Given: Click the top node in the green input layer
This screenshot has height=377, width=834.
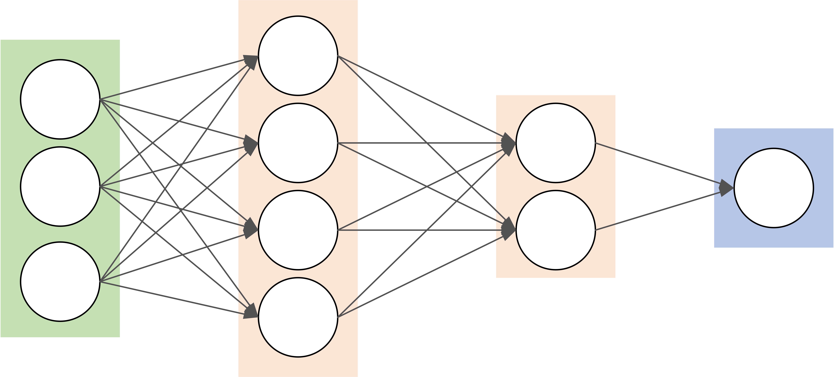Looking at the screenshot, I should (60, 99).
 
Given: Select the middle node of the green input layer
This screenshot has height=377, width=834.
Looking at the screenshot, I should (60, 186).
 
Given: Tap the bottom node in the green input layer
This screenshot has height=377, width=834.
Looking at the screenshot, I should (60, 282).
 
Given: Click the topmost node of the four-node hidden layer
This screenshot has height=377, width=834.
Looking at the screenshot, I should (298, 56).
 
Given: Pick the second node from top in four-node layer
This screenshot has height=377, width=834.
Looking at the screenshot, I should (298, 143).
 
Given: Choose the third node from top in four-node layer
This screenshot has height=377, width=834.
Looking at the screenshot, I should (298, 230).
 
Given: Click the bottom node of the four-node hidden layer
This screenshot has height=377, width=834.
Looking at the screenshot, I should (298, 317).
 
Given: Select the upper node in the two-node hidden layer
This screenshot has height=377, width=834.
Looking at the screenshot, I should (556, 143).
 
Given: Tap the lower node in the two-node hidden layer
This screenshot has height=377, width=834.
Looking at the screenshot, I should (556, 230).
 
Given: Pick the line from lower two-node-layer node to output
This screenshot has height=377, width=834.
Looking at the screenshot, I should (660, 210).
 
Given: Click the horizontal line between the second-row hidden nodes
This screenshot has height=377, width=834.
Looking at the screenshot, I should (421, 143).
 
